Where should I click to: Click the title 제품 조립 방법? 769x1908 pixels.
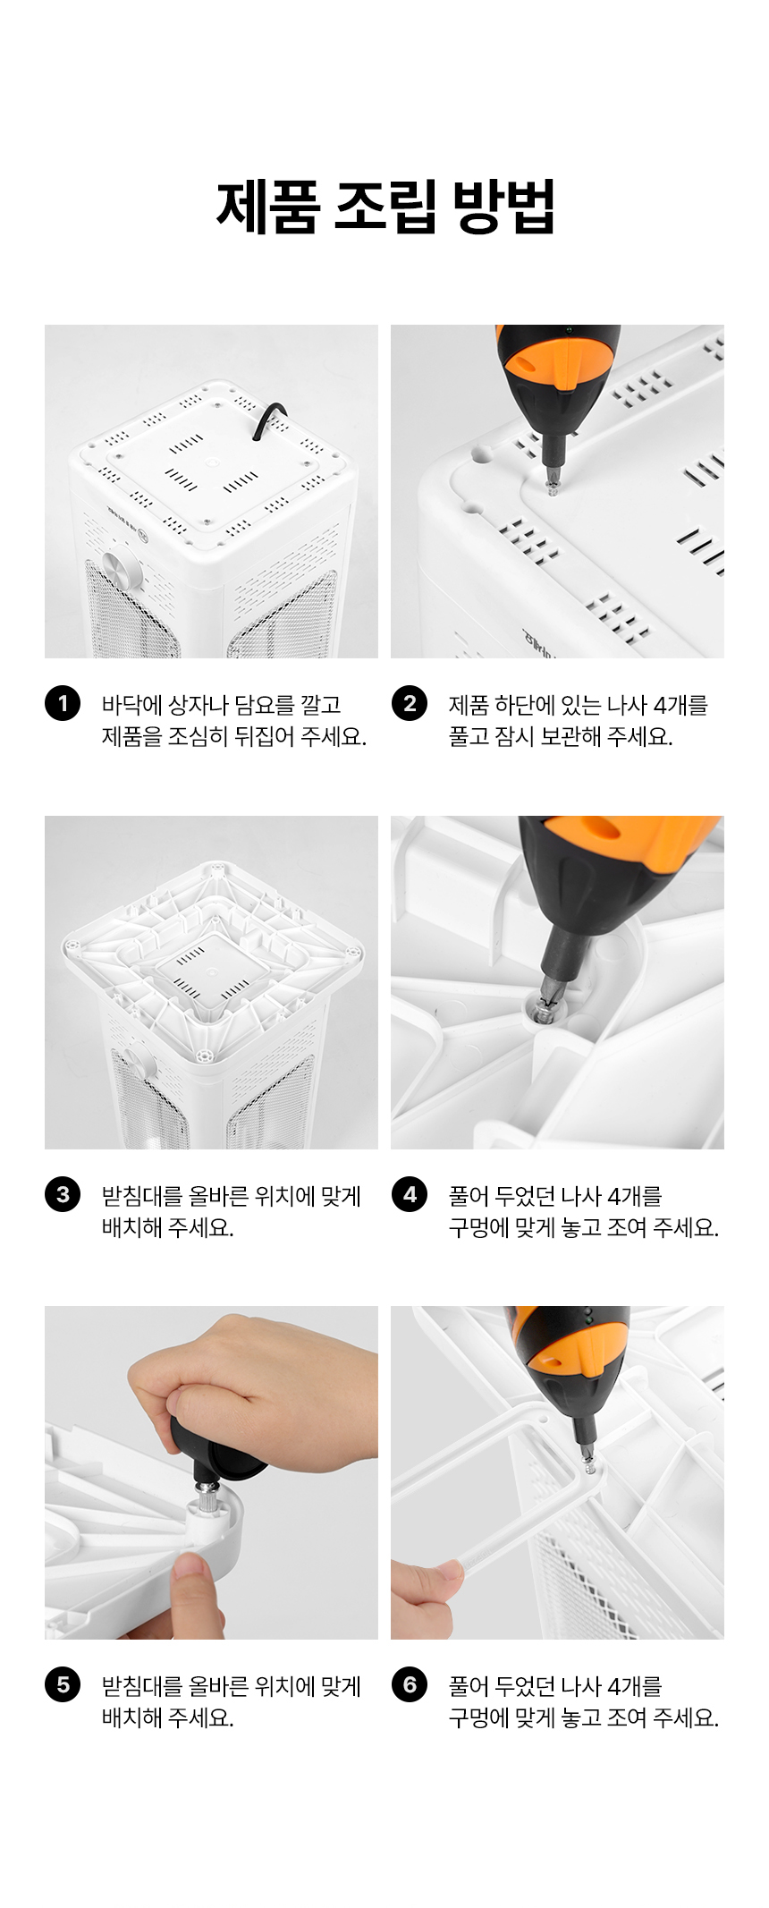tap(385, 207)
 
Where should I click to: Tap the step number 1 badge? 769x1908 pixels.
tap(63, 703)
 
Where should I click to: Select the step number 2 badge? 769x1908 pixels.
tap(410, 703)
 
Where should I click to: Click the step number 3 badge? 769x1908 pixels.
tap(63, 1194)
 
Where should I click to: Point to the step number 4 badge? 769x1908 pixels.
tap(410, 1194)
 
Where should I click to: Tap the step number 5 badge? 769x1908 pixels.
tap(63, 1684)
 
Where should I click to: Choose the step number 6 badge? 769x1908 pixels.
tap(410, 1684)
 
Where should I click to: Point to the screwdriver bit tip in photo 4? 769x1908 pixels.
tap(547, 1006)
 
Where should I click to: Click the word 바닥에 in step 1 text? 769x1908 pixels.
tap(131, 705)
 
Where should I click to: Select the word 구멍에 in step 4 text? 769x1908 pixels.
tap(478, 1227)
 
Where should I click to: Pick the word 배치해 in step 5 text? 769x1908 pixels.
tap(131, 1717)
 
